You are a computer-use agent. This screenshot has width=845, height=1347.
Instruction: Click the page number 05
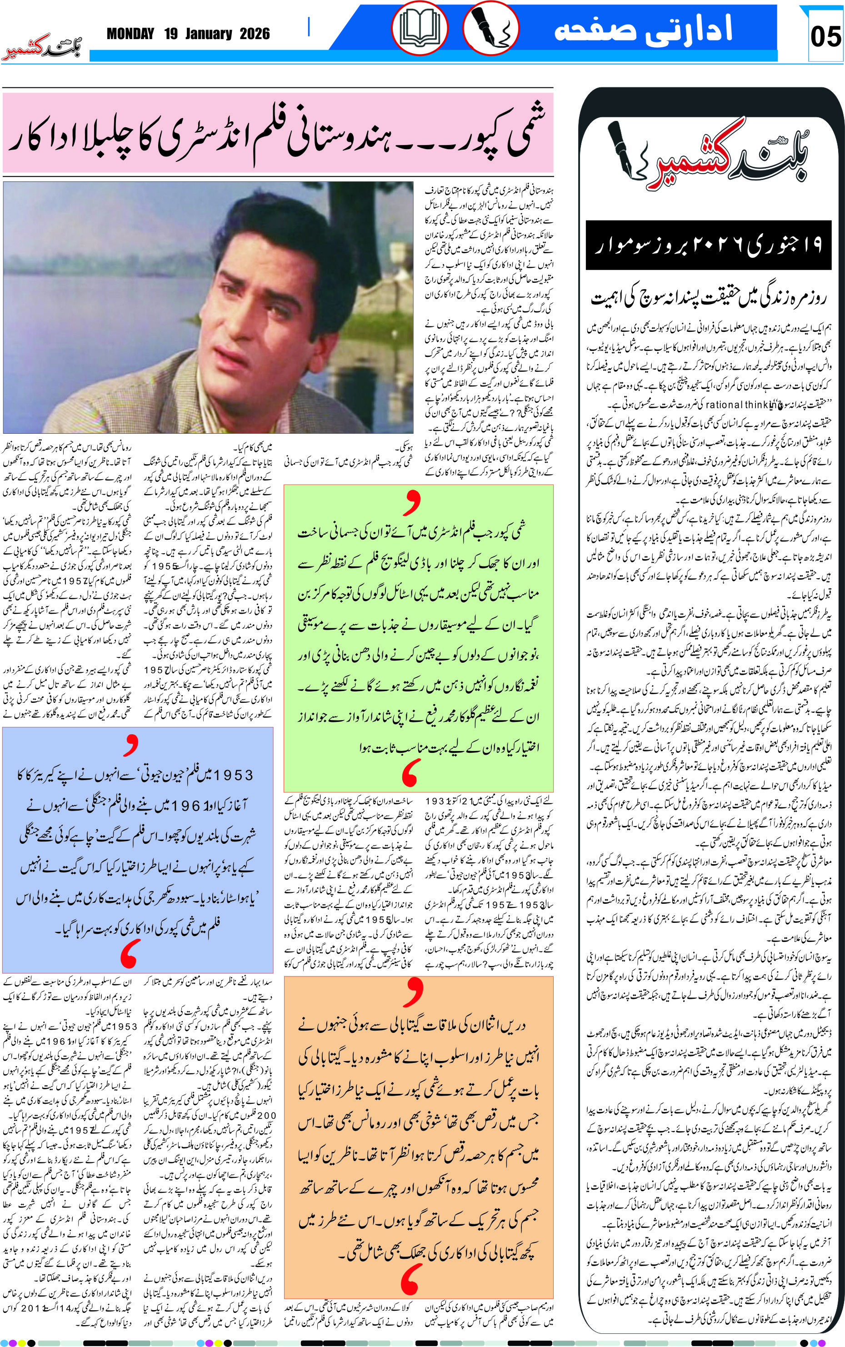(825, 37)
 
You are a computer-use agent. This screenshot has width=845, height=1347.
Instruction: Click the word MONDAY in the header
(130, 34)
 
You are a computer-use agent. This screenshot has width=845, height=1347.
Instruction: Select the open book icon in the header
(420, 28)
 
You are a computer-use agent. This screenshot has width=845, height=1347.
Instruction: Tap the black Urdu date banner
(708, 245)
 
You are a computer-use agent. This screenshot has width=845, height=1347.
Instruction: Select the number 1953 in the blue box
(229, 775)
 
